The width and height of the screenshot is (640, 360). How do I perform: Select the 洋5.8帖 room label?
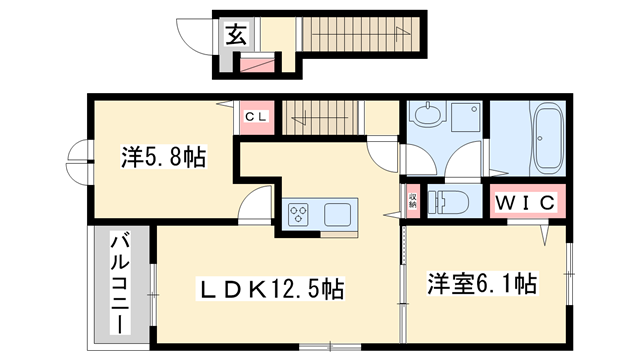click(164, 157)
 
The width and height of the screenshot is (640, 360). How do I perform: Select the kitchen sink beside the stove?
click(336, 213)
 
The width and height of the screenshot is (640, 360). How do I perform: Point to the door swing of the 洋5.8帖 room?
click(257, 200)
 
